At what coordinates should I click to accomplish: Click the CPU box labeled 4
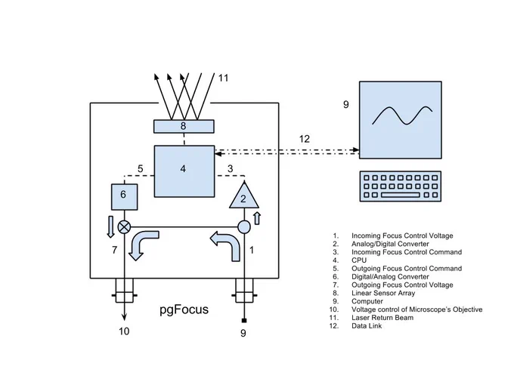coord(184,171)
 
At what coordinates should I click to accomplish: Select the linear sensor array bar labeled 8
coord(184,126)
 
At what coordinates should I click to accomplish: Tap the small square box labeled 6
coord(124,197)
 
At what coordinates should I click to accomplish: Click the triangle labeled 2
coord(244,196)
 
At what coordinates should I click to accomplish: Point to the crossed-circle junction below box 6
coord(124,226)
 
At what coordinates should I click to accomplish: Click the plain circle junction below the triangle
coord(244,226)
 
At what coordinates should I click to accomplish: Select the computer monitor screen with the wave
coord(401,120)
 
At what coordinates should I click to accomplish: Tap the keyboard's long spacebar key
coord(401,195)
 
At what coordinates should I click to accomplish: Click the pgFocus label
coord(184,310)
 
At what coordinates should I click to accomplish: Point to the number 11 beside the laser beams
coord(223,78)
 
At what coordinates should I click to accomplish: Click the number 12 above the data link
coord(304,139)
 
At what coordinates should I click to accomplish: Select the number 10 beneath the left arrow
coord(124,331)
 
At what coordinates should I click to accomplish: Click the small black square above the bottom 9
coord(244,320)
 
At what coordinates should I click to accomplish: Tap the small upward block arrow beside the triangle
coord(257,218)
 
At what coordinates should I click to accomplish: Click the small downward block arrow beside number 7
coord(111,226)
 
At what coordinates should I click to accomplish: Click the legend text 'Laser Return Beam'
coord(382,318)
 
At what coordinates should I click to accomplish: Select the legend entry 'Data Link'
coord(367,326)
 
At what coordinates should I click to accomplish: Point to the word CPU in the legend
coord(359,260)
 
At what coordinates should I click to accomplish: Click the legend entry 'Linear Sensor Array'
coord(383,293)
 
